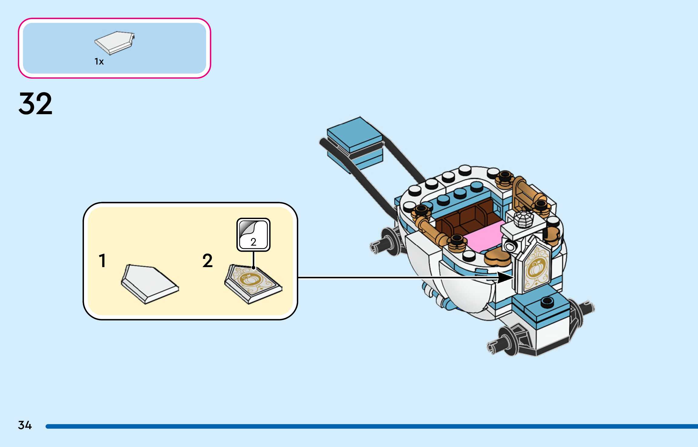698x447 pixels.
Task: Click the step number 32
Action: [35, 104]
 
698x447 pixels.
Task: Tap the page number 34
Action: [25, 425]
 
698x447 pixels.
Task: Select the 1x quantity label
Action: [99, 61]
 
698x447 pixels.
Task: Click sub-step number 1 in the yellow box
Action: [102, 260]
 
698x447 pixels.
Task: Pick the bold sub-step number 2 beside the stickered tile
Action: [208, 260]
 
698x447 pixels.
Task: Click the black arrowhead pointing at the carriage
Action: [505, 277]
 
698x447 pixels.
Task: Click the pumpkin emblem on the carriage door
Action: [536, 269]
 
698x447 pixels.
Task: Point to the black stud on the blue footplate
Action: [546, 302]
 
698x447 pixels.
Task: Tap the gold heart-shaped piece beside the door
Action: [497, 257]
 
